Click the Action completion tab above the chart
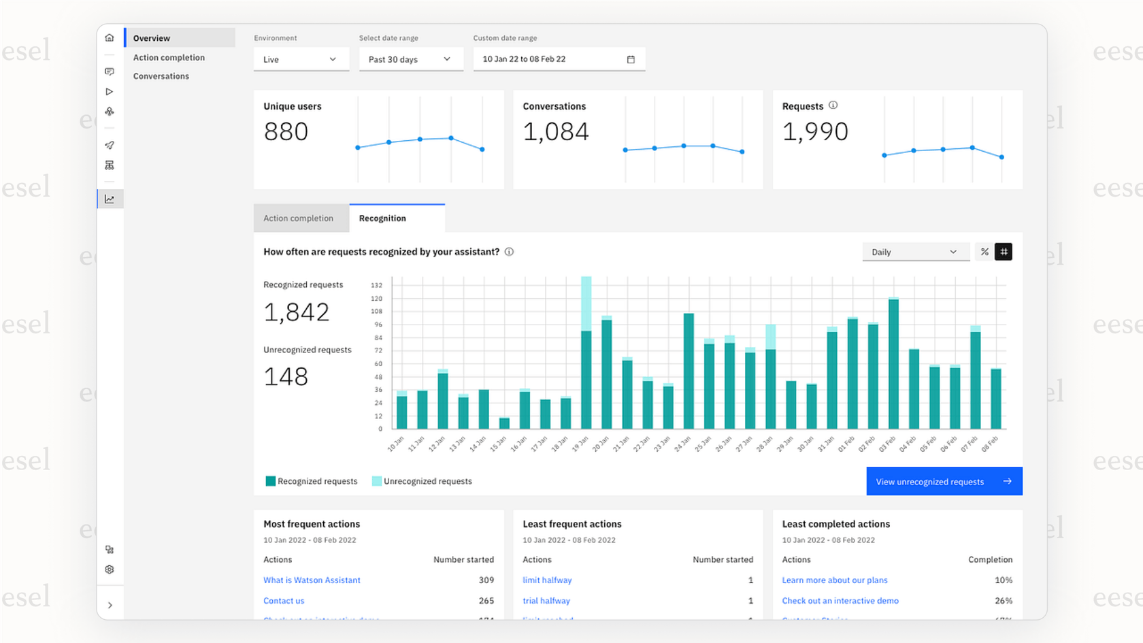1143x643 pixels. point(299,218)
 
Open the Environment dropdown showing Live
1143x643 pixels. point(301,59)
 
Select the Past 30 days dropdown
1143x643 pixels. point(410,59)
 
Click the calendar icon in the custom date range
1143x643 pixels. point(631,59)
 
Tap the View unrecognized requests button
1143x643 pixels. point(944,481)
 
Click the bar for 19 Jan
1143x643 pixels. point(586,367)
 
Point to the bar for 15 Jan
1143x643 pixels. point(504,423)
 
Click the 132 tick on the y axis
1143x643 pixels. point(376,285)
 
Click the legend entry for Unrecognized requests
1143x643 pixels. point(422,481)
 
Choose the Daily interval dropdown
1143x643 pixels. point(915,252)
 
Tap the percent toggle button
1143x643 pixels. point(984,252)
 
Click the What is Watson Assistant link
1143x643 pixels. point(312,580)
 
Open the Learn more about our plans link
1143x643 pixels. point(835,580)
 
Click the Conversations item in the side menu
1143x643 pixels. point(161,76)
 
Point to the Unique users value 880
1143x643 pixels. point(286,132)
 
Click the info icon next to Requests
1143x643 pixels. point(833,105)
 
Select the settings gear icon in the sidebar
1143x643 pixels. point(110,570)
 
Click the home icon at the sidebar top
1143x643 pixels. point(110,38)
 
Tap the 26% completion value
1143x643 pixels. point(1003,601)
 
